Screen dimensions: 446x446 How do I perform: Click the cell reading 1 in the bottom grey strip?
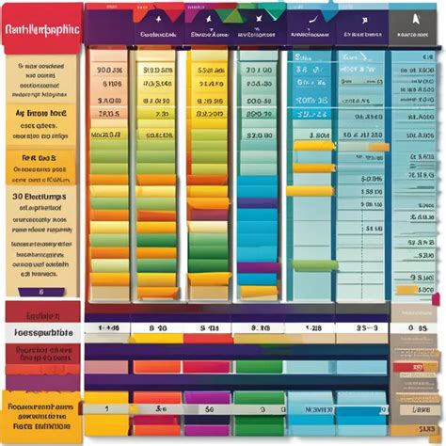107,409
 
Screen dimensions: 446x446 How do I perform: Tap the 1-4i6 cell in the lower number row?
109,329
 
